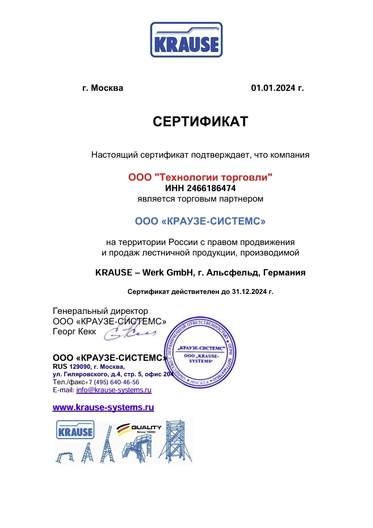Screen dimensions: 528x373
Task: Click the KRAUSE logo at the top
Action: pyautogui.click(x=186, y=39)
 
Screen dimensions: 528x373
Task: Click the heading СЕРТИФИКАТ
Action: pyautogui.click(x=200, y=122)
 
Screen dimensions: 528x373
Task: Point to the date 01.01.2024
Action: pyautogui.click(x=273, y=88)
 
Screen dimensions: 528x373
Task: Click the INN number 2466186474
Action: pyautogui.click(x=211, y=188)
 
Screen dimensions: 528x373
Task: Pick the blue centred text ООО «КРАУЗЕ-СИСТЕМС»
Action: pyautogui.click(x=200, y=221)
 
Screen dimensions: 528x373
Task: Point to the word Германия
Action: pyautogui.click(x=284, y=272)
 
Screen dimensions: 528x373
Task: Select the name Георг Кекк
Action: pyautogui.click(x=74, y=331)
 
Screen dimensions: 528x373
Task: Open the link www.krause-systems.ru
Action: pyautogui.click(x=103, y=407)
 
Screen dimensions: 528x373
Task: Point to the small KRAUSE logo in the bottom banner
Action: pyautogui.click(x=75, y=430)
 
